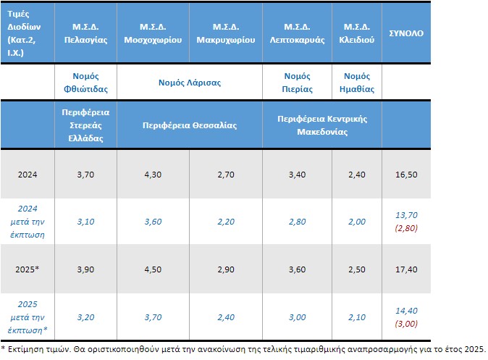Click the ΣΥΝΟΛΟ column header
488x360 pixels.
[x=406, y=33]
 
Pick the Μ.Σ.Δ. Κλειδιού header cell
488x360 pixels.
[x=356, y=33]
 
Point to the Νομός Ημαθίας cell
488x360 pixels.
[x=356, y=83]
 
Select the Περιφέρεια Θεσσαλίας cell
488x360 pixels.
[x=190, y=125]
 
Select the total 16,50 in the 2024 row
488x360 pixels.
[x=406, y=174]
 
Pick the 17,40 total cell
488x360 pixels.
[x=406, y=269]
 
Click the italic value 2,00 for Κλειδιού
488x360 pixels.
[x=356, y=221]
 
